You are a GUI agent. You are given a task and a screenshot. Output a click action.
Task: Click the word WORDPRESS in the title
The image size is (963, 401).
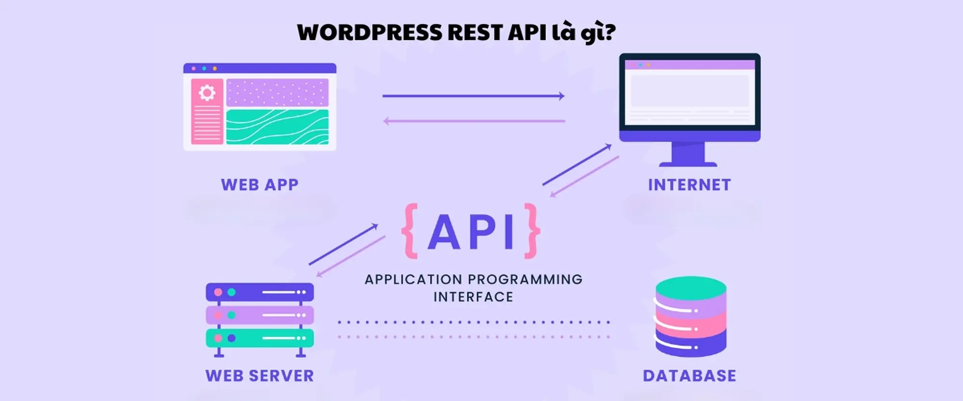click(369, 33)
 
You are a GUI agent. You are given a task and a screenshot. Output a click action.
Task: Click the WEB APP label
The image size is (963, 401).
click(260, 185)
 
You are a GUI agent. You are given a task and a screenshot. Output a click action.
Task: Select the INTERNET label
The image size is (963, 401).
click(689, 185)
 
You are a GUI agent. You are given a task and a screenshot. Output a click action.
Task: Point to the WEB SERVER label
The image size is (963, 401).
click(260, 375)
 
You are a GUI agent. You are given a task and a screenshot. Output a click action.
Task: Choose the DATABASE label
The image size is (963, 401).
click(689, 375)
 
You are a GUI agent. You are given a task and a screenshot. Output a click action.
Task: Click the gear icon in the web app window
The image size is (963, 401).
click(207, 92)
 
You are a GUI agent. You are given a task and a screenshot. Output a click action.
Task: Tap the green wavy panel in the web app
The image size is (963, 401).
click(277, 127)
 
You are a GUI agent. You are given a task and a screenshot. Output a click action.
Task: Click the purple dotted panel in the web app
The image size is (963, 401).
click(277, 92)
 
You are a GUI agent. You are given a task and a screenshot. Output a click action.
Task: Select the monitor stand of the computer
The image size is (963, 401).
click(688, 154)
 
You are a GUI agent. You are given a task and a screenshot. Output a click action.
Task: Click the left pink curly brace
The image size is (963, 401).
click(410, 231)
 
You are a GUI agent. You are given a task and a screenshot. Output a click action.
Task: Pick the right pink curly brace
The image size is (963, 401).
click(532, 231)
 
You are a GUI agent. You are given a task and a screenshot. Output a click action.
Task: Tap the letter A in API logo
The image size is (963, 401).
click(443, 232)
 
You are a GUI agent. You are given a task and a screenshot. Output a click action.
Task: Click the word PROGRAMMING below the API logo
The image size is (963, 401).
click(525, 279)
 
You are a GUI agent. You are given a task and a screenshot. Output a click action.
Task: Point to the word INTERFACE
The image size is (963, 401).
click(473, 297)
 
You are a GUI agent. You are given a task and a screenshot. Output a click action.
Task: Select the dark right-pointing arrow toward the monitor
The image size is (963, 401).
click(473, 96)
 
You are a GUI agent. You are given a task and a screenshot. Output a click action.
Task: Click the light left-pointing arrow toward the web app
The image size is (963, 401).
click(473, 121)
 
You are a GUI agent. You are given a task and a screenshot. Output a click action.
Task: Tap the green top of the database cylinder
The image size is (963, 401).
click(691, 287)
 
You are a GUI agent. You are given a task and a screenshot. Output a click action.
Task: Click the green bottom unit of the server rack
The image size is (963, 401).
click(260, 338)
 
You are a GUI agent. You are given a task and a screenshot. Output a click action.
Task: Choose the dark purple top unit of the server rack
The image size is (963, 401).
click(260, 292)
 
